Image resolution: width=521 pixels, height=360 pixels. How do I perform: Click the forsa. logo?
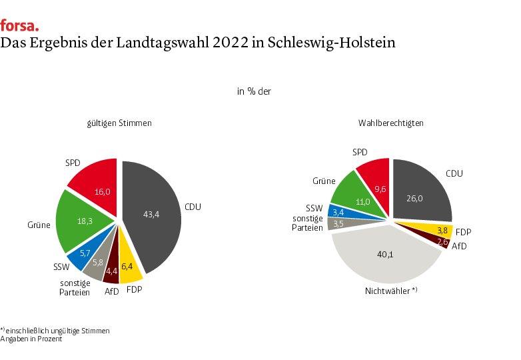pyautogui.click(x=19, y=25)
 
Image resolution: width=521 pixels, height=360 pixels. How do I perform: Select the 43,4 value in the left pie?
pyautogui.click(x=151, y=214)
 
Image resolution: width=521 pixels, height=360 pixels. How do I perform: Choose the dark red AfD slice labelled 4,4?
pyautogui.click(x=113, y=270)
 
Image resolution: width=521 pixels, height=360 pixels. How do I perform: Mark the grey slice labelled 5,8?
pyautogui.click(x=97, y=265)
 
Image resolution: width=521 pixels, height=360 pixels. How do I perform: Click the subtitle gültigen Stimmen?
pyautogui.click(x=119, y=123)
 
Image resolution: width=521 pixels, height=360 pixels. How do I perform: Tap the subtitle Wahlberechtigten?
pyautogui.click(x=390, y=123)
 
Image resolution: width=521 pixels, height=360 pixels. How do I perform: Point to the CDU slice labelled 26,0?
pyautogui.click(x=422, y=197)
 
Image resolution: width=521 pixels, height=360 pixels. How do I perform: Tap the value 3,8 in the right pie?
pyautogui.click(x=441, y=230)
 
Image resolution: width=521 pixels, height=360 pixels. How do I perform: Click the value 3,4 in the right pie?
pyautogui.click(x=338, y=212)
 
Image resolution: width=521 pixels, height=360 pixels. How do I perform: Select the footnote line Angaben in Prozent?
pyautogui.click(x=31, y=339)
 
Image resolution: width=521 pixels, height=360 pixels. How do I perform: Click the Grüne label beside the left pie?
pyautogui.click(x=39, y=225)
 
